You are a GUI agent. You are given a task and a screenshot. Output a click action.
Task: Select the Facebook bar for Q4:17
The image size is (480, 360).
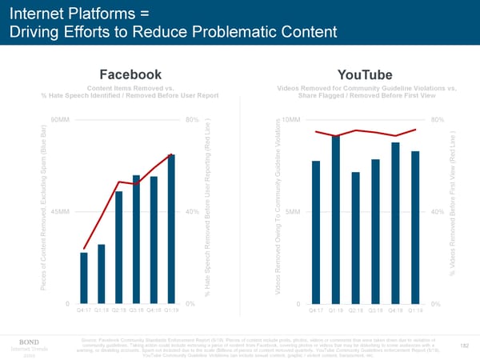pyautogui.click(x=84, y=278)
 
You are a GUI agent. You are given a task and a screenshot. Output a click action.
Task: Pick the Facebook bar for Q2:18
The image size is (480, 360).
pyautogui.click(x=119, y=247)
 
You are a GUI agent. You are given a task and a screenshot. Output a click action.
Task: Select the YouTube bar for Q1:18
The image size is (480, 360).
pyautogui.click(x=336, y=219)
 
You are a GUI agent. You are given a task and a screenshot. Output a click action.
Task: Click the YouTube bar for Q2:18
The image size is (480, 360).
pyautogui.click(x=355, y=238)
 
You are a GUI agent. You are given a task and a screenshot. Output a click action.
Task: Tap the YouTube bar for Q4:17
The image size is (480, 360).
pyautogui.click(x=316, y=232)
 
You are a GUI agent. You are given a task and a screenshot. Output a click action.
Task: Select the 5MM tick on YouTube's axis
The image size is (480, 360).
pyautogui.click(x=292, y=212)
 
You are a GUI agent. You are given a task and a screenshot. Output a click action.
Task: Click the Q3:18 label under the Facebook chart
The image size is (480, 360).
pyautogui.click(x=137, y=310)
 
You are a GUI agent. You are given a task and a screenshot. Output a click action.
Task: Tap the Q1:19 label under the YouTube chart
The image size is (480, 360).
pyautogui.click(x=416, y=310)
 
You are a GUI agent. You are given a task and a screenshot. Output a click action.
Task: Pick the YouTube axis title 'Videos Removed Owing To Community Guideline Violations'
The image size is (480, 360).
pyautogui.click(x=278, y=212)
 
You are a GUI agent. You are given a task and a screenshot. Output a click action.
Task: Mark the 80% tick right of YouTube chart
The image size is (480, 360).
pyautogui.click(x=437, y=120)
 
